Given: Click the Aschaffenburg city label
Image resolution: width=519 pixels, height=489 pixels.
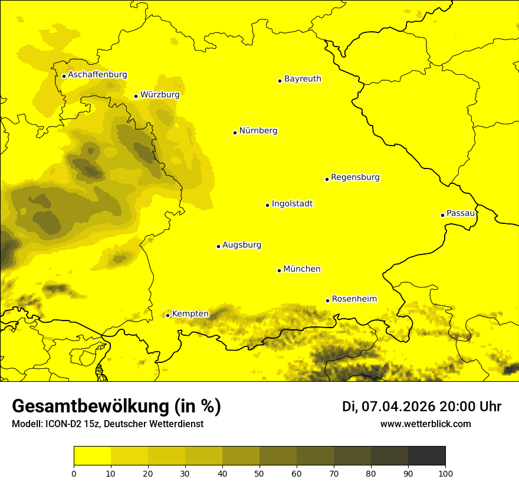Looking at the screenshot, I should [x=97, y=75].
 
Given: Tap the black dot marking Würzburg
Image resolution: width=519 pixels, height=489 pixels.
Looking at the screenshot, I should [x=136, y=96].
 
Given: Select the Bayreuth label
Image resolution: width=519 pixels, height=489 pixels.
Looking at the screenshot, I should [x=303, y=78].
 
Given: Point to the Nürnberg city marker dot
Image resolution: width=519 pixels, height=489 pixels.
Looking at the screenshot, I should [x=235, y=133].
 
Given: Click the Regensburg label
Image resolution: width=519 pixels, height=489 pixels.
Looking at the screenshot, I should [x=355, y=177].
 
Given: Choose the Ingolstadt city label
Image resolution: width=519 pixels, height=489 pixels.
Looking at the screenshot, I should [x=292, y=203].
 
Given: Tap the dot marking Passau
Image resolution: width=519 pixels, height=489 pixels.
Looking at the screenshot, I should [x=442, y=215].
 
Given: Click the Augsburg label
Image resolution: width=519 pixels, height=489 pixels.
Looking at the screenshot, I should [x=242, y=244].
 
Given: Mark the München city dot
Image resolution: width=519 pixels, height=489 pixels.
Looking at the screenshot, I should [x=279, y=270].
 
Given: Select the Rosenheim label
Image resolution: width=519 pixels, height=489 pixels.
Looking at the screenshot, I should [x=354, y=299].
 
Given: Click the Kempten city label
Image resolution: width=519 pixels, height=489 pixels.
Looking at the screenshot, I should [x=190, y=313].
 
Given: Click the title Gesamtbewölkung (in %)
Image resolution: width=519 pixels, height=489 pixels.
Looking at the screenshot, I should [x=116, y=407].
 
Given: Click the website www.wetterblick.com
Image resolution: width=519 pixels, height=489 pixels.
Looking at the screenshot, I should [x=425, y=424].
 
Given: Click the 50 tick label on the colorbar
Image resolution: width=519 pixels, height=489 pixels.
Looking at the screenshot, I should [x=259, y=473].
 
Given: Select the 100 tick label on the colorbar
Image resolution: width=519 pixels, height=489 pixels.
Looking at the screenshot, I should [x=445, y=473].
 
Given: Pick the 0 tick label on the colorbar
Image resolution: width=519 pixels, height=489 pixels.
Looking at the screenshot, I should [x=74, y=473].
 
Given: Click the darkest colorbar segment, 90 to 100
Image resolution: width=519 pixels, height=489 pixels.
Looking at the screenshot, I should [x=426, y=456].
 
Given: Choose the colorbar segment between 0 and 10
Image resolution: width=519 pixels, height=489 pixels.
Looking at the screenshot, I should [x=92, y=456].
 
